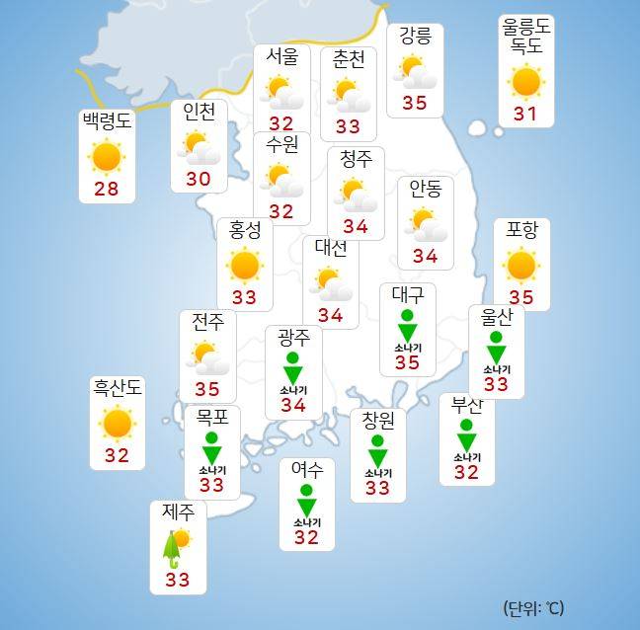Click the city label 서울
coord(281,57)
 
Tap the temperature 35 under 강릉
coord(415,102)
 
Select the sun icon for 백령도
coord(105,157)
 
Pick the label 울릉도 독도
coord(526,36)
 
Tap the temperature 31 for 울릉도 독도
coord(525,114)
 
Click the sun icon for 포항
coord(520,265)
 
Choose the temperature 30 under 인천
coord(199,179)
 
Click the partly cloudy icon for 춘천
coord(348,95)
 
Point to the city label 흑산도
coord(117,387)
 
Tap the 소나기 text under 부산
coord(466,457)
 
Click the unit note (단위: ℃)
coord(533,607)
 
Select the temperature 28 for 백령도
coord(105,189)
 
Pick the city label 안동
coord(426,190)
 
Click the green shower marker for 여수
coord(306,502)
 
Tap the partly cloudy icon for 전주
coord(207,357)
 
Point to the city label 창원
coord(377,421)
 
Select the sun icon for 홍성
coord(244,265)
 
